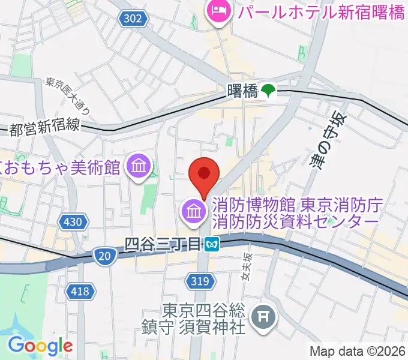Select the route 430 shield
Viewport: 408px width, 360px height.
tap(72, 223)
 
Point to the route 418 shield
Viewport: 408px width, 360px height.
tap(82, 292)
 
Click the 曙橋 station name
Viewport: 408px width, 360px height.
tap(242, 91)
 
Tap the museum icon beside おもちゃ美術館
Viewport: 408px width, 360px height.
tap(139, 166)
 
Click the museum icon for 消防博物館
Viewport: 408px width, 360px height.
tap(193, 211)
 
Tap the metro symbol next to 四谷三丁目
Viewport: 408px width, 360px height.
tap(211, 244)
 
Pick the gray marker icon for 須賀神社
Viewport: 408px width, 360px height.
tap(262, 313)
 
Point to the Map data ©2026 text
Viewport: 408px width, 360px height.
tap(357, 351)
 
